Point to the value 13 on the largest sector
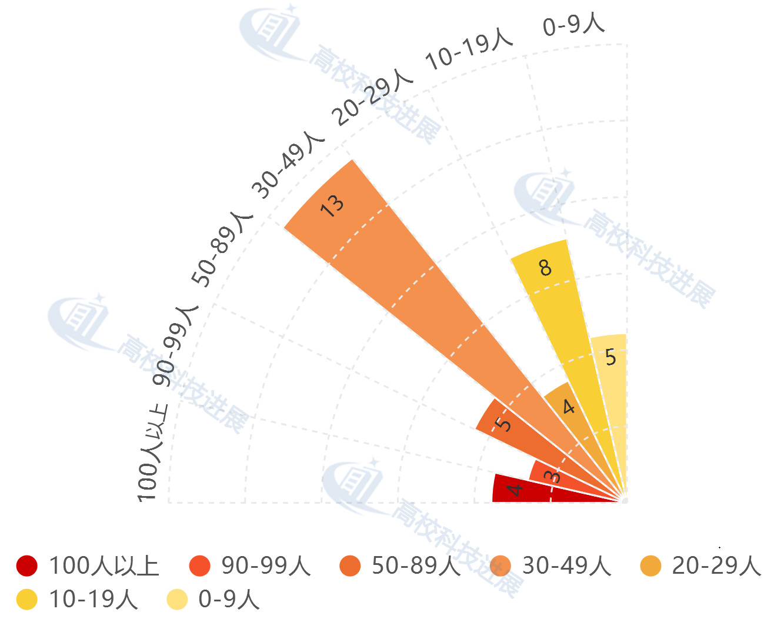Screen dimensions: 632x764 point(332,205)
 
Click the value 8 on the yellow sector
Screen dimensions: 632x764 point(545,268)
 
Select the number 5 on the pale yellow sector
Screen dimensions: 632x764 point(610,357)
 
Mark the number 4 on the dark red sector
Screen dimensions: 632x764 point(515,489)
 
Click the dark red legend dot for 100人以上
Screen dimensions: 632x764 point(27,566)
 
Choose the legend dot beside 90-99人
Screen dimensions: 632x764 point(200,566)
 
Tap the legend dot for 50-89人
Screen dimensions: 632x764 point(351,566)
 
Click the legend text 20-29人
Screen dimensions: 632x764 point(716,566)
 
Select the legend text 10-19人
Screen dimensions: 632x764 point(94,600)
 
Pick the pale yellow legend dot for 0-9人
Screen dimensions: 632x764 point(177,600)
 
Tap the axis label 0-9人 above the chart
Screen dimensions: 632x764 point(573,25)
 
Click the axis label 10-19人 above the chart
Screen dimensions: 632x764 point(469,49)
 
